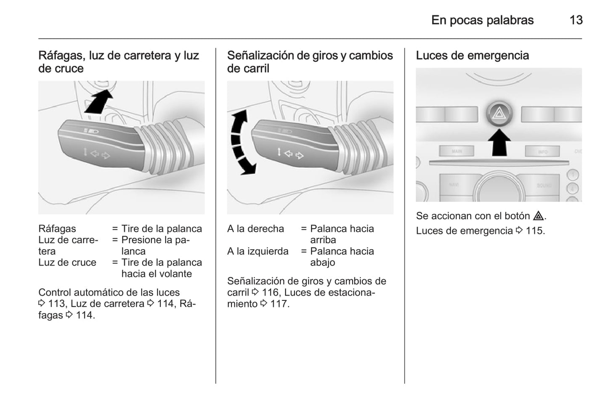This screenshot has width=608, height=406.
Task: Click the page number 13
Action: [x=576, y=20]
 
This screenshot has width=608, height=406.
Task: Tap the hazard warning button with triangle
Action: [x=499, y=113]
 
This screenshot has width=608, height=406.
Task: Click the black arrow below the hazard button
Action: [x=499, y=142]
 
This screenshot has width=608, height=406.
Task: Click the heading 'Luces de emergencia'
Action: [x=472, y=56]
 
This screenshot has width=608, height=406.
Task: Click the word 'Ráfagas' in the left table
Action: [x=57, y=229]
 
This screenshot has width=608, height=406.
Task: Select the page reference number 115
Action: [x=534, y=231]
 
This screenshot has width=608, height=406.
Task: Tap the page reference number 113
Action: [x=57, y=304]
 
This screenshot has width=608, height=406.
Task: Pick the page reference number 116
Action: [x=270, y=292]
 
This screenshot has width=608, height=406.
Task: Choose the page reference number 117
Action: [x=279, y=304]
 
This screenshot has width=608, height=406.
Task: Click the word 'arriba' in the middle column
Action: [x=323, y=240]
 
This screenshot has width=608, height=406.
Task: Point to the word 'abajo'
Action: [x=322, y=263]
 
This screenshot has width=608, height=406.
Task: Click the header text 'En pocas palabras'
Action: [x=482, y=20]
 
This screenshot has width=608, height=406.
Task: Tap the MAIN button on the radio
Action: [x=457, y=151]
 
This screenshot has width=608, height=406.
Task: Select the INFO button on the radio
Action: [x=542, y=151]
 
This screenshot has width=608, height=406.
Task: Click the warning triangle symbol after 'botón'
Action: [x=538, y=216]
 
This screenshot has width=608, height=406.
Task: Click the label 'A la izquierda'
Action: [x=258, y=252]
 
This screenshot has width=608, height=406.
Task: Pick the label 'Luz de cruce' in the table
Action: [x=67, y=263]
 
